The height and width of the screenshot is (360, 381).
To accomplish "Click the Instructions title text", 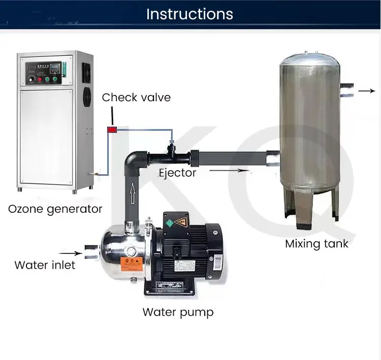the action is point(189,14).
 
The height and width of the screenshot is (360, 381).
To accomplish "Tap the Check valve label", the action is point(136,97).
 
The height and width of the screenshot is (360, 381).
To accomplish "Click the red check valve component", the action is point(111,130).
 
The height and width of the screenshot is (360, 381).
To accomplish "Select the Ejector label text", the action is point(177,173).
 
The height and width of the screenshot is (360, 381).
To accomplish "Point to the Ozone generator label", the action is point(55,209).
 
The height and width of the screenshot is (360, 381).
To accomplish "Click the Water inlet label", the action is point(45,265).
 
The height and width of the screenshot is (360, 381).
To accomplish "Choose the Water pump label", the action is point(178,312).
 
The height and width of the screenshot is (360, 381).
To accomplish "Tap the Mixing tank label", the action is point(316,244).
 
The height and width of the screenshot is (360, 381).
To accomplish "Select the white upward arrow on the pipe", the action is point(133,193).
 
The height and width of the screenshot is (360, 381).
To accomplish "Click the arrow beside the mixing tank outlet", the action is point(366,91).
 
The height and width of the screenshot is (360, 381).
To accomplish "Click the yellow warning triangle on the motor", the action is point(180,222).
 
